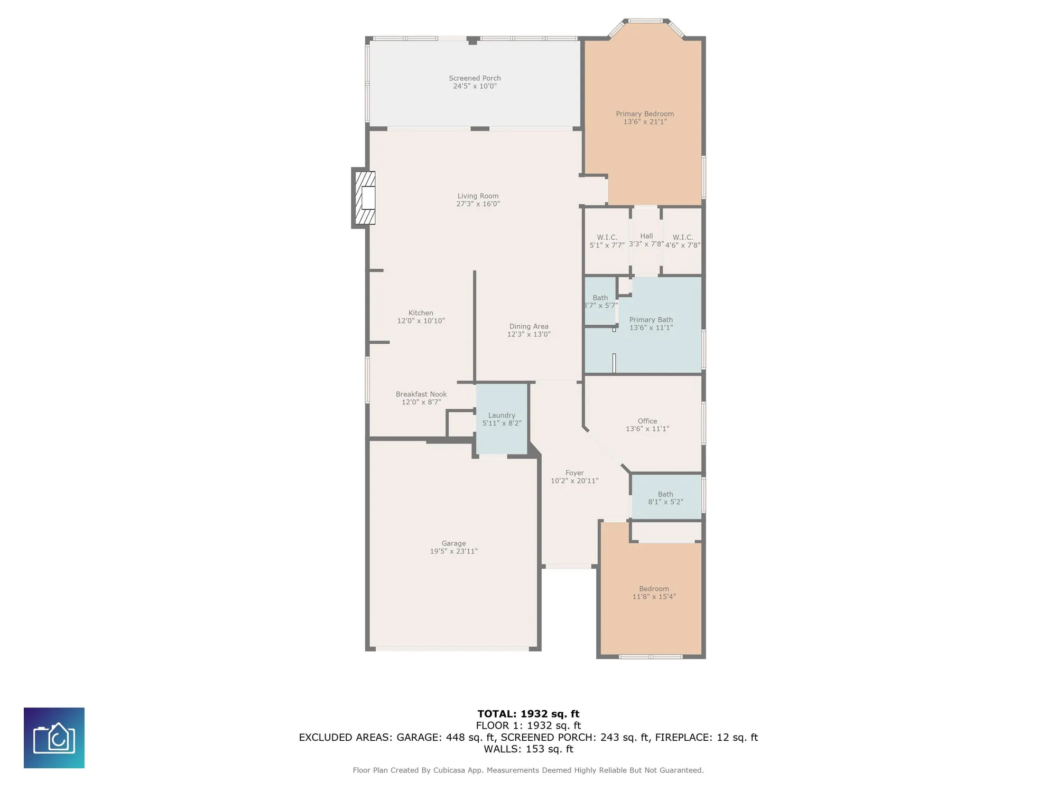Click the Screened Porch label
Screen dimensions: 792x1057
pos(475,78)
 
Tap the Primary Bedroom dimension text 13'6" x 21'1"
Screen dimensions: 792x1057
pos(645,122)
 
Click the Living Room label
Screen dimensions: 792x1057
pos(478,196)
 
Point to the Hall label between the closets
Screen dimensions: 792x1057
pos(646,236)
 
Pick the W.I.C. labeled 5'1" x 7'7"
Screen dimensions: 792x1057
pos(607,241)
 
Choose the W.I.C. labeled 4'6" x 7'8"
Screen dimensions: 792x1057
pos(683,241)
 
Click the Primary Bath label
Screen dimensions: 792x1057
pos(651,320)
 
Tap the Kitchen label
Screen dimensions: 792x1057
pos(421,313)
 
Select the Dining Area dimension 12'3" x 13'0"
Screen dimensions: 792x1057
pos(528,334)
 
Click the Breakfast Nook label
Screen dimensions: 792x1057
pos(421,394)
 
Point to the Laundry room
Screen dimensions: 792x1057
pos(502,419)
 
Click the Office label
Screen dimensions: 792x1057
pos(647,421)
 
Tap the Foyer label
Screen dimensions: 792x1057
pos(574,473)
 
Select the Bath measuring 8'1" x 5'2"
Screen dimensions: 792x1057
pos(665,498)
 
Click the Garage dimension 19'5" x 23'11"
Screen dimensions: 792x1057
pos(453,551)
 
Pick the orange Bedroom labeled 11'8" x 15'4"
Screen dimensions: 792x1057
pos(654,592)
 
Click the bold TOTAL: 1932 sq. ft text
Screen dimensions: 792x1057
pos(528,714)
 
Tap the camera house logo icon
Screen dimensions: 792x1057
pos(54,738)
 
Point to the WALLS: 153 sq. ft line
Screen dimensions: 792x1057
pos(528,749)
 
